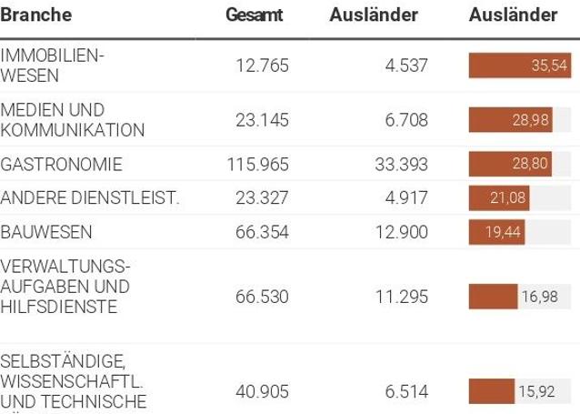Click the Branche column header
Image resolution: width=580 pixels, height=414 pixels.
coord(36,15)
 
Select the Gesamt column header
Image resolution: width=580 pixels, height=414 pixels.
coord(255,15)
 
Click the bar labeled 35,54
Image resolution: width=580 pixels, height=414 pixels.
coord(518,66)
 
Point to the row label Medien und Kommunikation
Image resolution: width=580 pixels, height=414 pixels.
coord(73,120)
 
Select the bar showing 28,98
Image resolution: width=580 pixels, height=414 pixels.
coord(510,120)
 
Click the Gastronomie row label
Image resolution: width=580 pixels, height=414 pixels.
coord(61,165)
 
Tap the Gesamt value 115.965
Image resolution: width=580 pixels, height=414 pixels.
coord(257,165)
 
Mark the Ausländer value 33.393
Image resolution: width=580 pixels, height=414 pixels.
coord(401,165)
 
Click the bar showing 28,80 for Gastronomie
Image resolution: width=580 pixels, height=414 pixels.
coord(510,165)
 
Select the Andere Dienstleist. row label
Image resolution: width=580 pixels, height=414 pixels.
coord(90,198)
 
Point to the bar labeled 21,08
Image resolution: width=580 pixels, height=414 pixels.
coord(499,198)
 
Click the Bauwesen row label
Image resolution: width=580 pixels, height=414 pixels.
coord(46,232)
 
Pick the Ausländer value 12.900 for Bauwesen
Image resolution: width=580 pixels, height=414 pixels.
coord(401,232)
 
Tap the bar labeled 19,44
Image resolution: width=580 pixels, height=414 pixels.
coord(496,232)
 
